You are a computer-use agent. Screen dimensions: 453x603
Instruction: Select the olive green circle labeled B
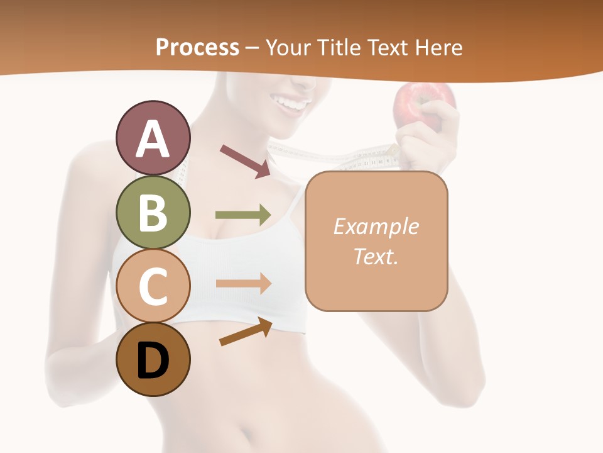click(x=153, y=212)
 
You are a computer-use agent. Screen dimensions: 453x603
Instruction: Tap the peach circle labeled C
click(x=153, y=286)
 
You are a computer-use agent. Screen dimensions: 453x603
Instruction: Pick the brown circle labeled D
click(x=153, y=360)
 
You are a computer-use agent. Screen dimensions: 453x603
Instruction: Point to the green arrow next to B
click(x=243, y=215)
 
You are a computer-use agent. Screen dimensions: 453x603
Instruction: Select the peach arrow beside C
click(x=244, y=283)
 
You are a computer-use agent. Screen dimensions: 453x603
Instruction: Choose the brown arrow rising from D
click(x=246, y=332)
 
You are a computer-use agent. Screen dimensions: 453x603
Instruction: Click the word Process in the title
click(x=197, y=47)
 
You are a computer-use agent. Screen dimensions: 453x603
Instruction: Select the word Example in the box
click(x=376, y=226)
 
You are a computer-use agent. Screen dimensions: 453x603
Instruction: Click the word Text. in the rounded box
click(x=376, y=257)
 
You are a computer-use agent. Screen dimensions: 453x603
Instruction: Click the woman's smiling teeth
click(x=295, y=101)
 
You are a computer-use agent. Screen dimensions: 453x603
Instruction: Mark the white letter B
click(x=153, y=212)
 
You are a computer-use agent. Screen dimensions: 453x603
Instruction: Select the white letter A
click(x=153, y=139)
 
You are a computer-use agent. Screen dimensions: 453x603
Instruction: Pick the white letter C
click(x=153, y=286)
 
